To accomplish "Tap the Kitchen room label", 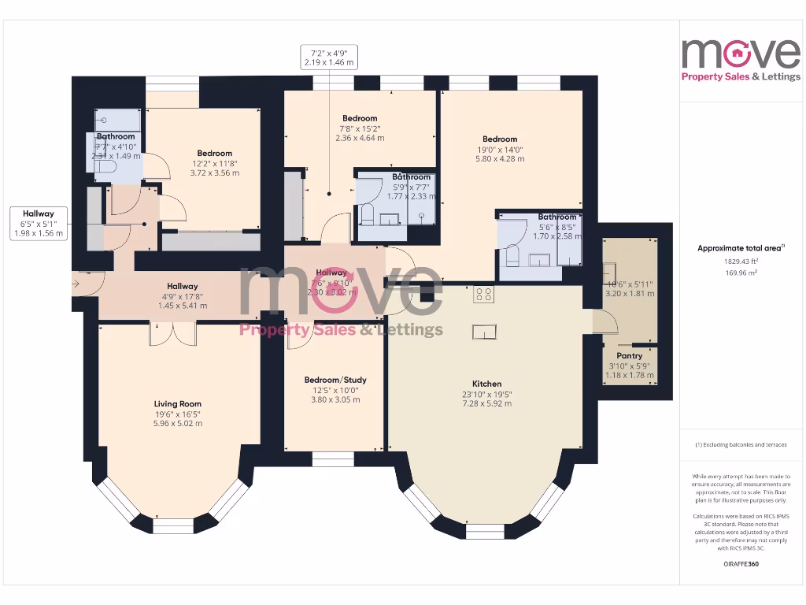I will click(486, 384).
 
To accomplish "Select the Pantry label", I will click(630, 355).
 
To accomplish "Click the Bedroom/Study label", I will click(335, 380).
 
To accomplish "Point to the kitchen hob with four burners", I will click(484, 295).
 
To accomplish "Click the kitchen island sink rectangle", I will click(484, 332).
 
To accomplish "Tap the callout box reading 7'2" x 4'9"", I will click(328, 56).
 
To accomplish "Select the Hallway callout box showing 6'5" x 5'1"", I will click(39, 223).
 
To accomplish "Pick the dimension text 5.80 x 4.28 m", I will click(500, 158).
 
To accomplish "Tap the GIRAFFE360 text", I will click(741, 564).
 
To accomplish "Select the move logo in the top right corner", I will click(741, 58).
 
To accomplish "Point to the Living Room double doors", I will click(172, 333).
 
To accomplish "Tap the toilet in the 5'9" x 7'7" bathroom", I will click(367, 213).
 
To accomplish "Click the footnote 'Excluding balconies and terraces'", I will click(741, 445).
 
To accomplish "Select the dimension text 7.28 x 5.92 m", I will click(486, 403).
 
